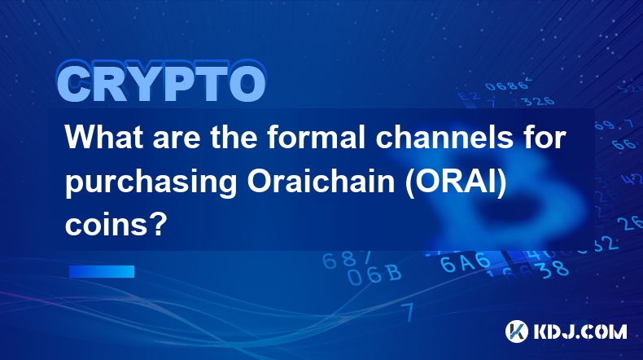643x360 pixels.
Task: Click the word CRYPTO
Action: coord(161,82)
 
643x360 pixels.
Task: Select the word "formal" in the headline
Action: coord(316,137)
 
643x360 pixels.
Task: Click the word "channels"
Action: coord(444,137)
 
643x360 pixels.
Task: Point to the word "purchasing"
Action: coord(151,183)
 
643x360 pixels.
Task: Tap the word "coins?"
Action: coord(116,225)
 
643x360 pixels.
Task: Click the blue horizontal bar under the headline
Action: coord(102,271)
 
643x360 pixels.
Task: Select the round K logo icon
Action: coord(517,331)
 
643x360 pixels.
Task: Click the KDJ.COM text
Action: coord(580,331)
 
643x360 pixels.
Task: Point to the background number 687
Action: coord(347,260)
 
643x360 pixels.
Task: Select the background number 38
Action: coord(555,270)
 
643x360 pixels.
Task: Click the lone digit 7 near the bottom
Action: coord(408,312)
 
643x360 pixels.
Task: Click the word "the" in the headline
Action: coord(234,137)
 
